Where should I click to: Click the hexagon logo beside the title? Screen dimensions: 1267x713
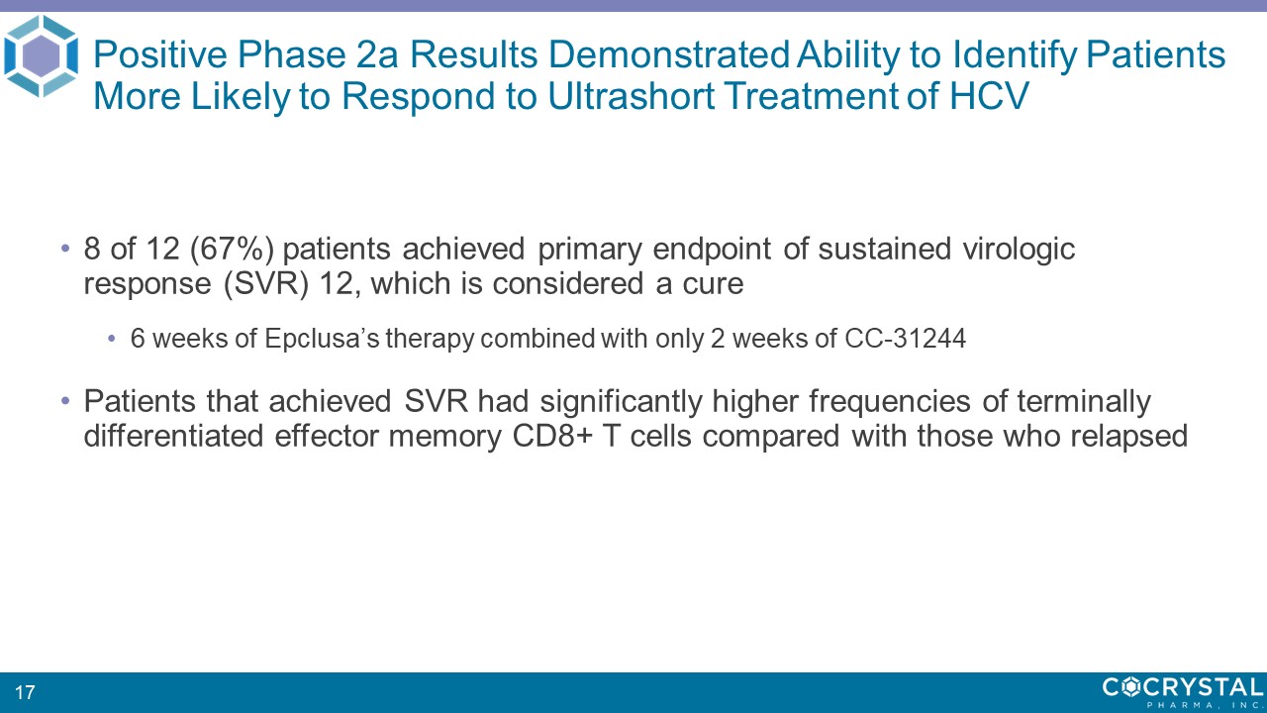[x=41, y=56]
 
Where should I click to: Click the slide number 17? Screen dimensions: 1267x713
[x=25, y=692]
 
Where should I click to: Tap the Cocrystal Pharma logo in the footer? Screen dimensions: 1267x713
[x=1183, y=692]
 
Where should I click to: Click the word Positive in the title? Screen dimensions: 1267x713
[x=160, y=54]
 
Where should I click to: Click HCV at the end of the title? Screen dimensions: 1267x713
[x=989, y=96]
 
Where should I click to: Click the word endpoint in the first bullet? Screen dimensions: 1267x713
[x=712, y=249]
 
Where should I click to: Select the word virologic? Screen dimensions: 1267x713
[x=1019, y=249]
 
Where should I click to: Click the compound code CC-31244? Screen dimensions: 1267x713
[x=905, y=339]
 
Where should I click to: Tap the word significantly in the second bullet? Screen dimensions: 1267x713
[x=621, y=401]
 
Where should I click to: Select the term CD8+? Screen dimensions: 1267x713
[x=552, y=437]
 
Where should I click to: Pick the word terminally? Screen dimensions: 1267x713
[x=1084, y=401]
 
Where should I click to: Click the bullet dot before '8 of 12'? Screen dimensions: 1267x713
[x=65, y=249]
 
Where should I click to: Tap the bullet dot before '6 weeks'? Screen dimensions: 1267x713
[x=112, y=339]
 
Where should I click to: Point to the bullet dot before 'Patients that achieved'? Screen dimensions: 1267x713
[x=65, y=401]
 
